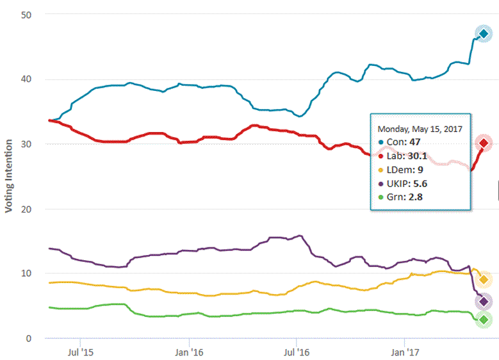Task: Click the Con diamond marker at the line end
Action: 484,33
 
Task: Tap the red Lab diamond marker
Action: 484,143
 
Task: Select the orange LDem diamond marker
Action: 484,280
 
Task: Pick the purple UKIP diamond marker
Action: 484,302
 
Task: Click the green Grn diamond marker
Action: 484,320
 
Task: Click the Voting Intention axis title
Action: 9,176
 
